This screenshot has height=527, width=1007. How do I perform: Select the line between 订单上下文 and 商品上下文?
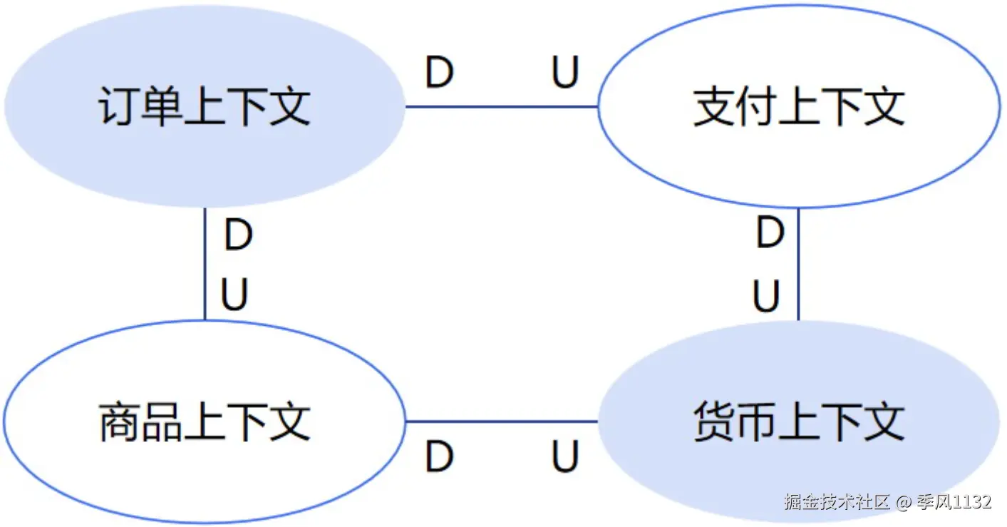tap(205, 264)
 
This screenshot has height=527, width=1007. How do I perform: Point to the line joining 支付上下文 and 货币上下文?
tap(798, 264)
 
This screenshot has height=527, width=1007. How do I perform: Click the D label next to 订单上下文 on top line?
tap(440, 73)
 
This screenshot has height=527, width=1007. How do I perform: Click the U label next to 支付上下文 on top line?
tap(565, 73)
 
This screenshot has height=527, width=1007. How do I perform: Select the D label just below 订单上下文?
tap(238, 235)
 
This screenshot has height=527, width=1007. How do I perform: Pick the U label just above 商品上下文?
tap(234, 295)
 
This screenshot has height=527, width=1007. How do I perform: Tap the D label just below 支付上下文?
tap(770, 233)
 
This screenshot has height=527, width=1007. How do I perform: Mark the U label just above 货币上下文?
tap(767, 296)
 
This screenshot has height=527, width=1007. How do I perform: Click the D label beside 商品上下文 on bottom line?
tap(440, 457)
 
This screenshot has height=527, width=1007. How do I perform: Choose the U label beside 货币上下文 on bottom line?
tap(565, 457)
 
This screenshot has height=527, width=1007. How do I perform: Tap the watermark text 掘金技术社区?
tap(837, 502)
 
